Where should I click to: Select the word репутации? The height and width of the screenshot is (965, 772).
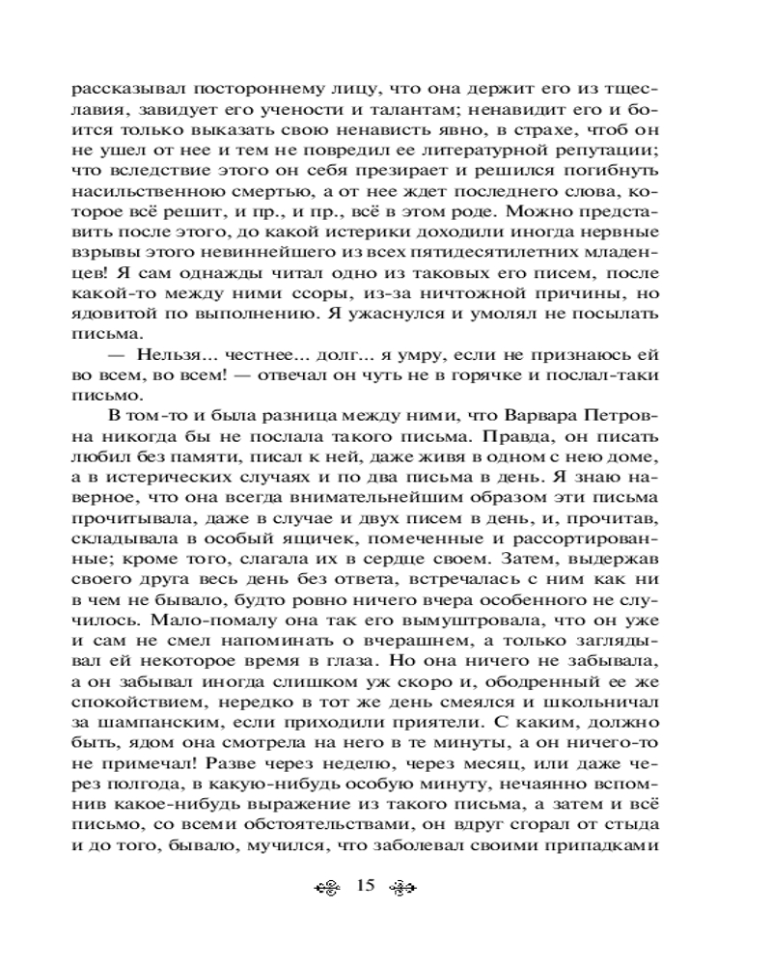point(614,151)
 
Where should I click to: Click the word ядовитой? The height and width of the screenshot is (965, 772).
point(110,315)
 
